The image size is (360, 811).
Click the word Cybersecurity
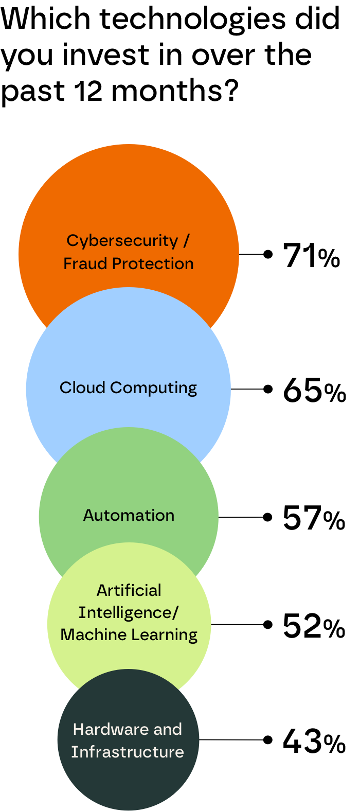pyautogui.click(x=122, y=241)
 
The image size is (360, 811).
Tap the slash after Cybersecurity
pyautogui.click(x=186, y=240)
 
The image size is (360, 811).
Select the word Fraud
pyautogui.click(x=86, y=263)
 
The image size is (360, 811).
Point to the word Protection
pyautogui.click(x=153, y=263)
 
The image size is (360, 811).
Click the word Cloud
pyautogui.click(x=82, y=387)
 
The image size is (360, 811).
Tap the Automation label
pyautogui.click(x=129, y=515)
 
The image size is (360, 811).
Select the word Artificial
pyautogui.click(x=129, y=590)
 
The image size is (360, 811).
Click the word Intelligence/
pyautogui.click(x=129, y=613)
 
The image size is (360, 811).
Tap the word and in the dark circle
pyautogui.click(x=168, y=729)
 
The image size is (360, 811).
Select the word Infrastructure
pyautogui.click(x=128, y=752)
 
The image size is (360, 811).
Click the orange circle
pyautogui.click(x=129, y=196)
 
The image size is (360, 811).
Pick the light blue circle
pyautogui.click(x=129, y=340)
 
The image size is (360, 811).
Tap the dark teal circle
pyautogui.click(x=129, y=782)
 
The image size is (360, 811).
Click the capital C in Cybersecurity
pyautogui.click(x=73, y=240)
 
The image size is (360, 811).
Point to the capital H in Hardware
pyautogui.click(x=78, y=729)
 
